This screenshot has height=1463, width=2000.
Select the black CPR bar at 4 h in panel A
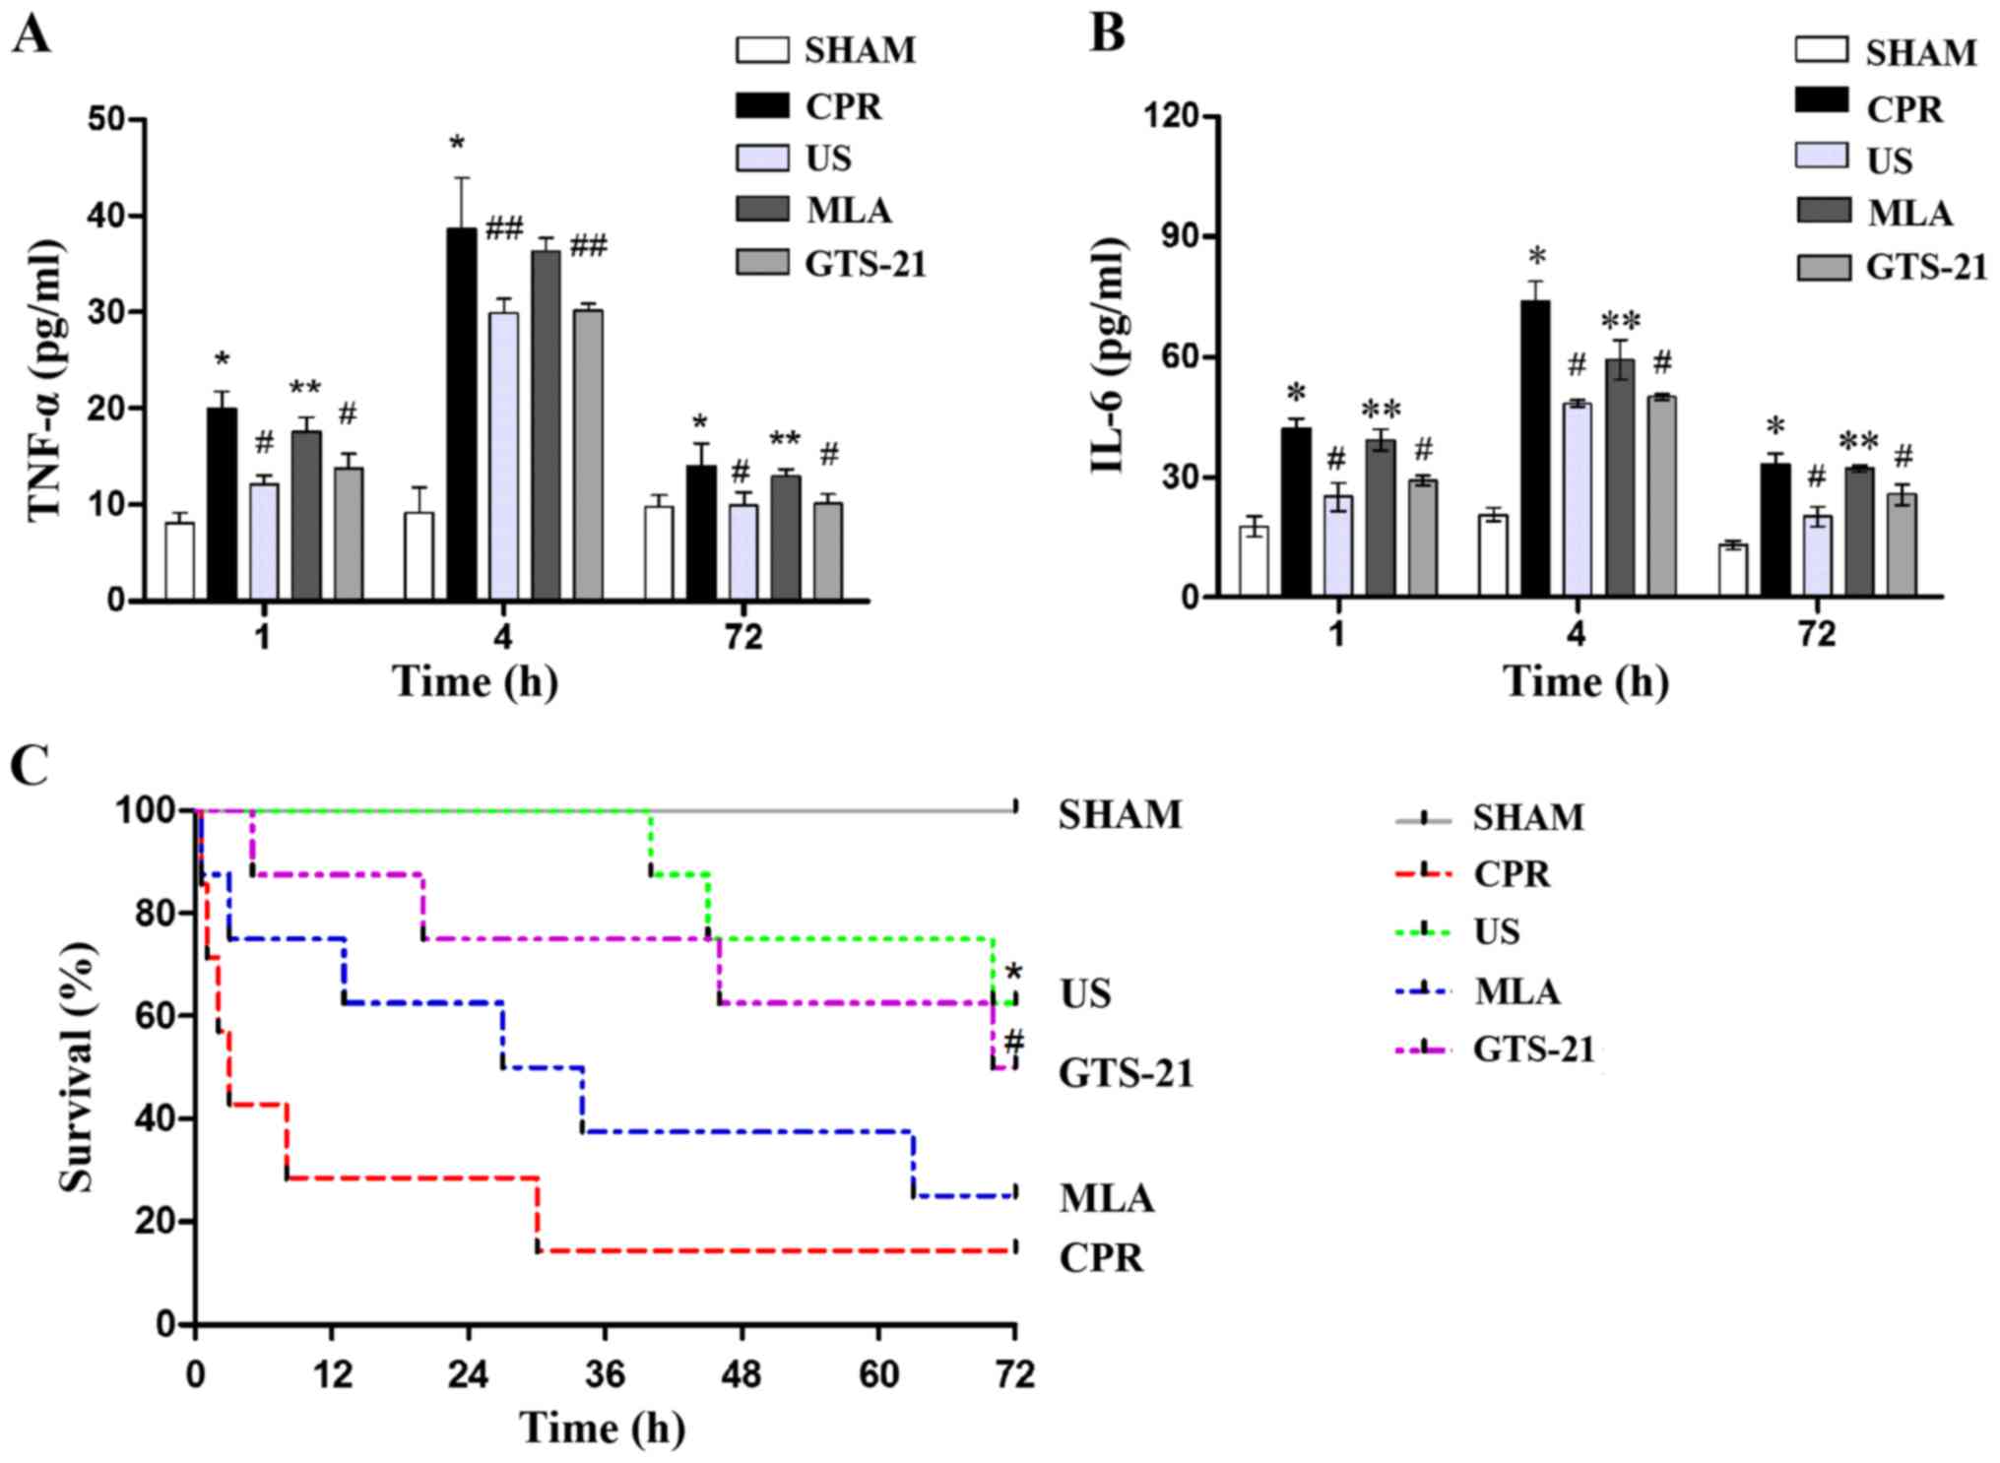(x=462, y=413)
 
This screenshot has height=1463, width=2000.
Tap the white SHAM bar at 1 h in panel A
(x=179, y=560)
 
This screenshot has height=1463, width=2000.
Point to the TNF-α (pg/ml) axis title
(x=44, y=379)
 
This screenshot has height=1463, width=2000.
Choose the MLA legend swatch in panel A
(x=762, y=209)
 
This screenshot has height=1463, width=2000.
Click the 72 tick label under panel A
(x=743, y=637)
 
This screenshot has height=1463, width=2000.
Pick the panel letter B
(x=1108, y=33)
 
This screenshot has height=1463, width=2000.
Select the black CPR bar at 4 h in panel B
(x=1535, y=448)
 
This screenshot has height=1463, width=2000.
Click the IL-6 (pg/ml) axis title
(x=1108, y=354)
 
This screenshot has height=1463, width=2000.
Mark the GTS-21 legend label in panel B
(x=1925, y=267)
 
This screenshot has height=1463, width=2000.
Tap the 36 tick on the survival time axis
(x=605, y=1372)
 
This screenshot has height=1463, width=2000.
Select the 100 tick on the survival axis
(x=146, y=811)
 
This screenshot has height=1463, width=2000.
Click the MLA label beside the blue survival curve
(x=1106, y=1198)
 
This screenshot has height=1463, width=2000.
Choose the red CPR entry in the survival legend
(x=1511, y=873)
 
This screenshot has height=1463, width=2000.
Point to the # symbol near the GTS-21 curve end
(x=1013, y=1042)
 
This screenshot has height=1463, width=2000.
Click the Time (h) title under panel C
(x=602, y=1428)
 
